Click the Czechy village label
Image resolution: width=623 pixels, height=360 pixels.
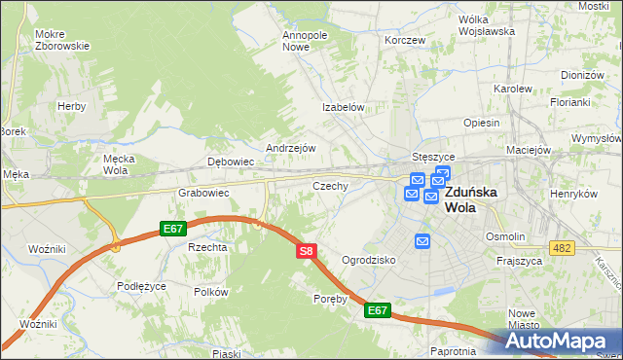[x=330, y=185]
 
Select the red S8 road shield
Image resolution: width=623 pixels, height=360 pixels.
[x=306, y=251]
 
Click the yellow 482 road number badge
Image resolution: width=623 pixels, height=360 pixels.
[x=560, y=249]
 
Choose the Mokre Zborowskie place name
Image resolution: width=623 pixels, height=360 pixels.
[x=61, y=40]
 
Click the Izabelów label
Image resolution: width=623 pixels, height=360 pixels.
[x=344, y=108]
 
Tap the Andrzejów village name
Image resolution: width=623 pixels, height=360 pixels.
[x=291, y=148]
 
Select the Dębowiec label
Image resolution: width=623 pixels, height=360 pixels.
[x=231, y=162]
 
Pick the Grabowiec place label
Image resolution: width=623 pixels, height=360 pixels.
[x=202, y=193]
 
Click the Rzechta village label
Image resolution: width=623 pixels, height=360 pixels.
[x=207, y=247]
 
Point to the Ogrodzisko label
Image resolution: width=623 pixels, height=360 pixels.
[x=368, y=260]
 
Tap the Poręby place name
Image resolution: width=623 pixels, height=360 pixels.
[x=330, y=299]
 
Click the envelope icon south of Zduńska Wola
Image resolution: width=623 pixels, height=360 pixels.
[x=422, y=240]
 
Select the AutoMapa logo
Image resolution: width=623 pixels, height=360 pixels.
[x=561, y=342]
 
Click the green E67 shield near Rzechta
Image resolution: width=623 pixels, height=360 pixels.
[x=173, y=229]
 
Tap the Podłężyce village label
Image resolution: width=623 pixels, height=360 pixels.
[x=142, y=286]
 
